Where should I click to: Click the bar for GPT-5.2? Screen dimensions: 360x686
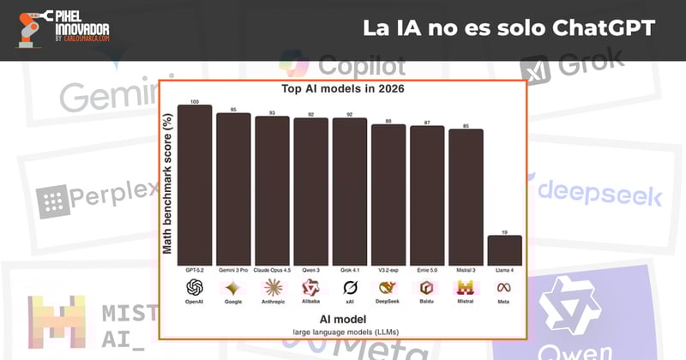194,184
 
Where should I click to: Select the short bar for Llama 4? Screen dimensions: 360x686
504,249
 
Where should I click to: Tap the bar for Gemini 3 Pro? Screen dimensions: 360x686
233,189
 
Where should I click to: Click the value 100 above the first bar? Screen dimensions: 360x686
194,101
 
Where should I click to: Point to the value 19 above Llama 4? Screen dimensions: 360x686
504,231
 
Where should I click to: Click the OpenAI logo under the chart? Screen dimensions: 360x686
194,287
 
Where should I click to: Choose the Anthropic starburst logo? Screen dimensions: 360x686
272,287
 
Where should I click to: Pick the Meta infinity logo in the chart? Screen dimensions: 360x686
504,287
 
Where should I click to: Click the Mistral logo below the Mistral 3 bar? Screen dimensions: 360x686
466,287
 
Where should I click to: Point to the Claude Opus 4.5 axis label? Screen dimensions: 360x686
272,270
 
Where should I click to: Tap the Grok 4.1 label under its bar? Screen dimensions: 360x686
349,270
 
